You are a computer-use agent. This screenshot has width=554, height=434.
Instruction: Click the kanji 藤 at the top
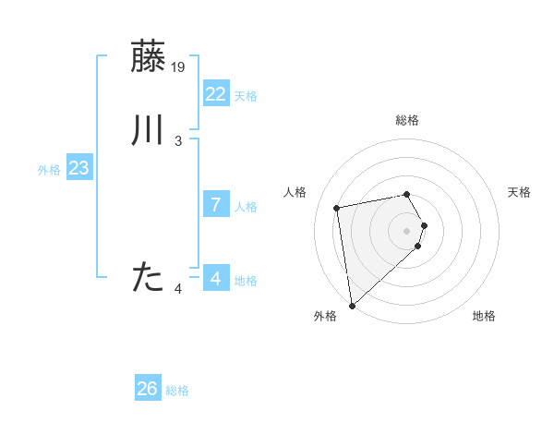[149, 56]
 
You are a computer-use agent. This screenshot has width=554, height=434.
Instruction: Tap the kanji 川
[149, 131]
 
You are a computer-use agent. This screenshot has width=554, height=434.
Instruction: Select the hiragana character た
[149, 277]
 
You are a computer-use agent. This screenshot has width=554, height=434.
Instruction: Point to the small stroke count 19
[179, 66]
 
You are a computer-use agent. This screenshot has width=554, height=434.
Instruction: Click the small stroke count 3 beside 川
[178, 141]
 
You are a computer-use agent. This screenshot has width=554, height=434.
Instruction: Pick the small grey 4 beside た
[178, 290]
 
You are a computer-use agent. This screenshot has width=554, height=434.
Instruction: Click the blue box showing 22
[215, 94]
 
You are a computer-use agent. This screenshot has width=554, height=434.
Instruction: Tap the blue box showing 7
[215, 205]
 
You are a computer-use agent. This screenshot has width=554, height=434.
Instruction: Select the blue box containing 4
[215, 279]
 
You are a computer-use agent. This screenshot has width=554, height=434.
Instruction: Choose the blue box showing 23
[78, 168]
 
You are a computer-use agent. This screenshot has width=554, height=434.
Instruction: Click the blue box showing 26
[148, 389]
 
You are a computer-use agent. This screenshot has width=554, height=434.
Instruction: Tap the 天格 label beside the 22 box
[246, 96]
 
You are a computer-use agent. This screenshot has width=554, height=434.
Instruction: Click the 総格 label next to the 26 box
[177, 391]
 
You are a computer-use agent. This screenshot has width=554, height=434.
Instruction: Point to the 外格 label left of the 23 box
[49, 170]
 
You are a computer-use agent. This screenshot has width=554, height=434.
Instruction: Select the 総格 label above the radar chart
[407, 120]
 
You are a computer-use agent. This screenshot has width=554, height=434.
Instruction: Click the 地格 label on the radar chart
[484, 316]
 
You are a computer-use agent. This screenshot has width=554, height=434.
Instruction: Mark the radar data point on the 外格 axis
[352, 305]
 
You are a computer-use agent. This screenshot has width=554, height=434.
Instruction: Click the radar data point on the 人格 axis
[337, 207]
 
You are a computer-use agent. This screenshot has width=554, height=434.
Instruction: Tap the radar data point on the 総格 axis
[407, 194]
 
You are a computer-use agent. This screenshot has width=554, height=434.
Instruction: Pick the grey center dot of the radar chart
[407, 231]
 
